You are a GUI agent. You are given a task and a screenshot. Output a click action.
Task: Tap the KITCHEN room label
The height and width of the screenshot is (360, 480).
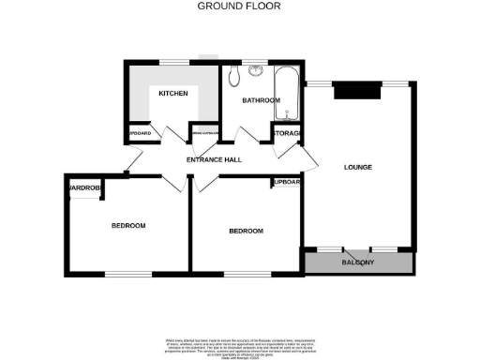click(x=173, y=94)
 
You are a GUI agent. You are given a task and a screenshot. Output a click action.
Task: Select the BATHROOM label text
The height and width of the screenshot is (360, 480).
click(x=261, y=99)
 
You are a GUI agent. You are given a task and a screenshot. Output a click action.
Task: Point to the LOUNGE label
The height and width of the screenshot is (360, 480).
click(x=357, y=168)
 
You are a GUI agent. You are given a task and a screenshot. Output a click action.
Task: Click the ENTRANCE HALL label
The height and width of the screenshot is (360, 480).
click(x=214, y=159)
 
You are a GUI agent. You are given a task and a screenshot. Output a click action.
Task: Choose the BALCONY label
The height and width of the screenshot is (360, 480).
click(x=357, y=262)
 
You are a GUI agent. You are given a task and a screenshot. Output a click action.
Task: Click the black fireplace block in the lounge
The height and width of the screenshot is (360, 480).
click(x=357, y=91)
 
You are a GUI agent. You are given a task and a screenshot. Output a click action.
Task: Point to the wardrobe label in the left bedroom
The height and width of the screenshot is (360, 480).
click(x=83, y=188)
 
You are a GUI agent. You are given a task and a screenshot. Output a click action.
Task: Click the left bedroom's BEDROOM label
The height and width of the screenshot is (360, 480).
click(x=128, y=225)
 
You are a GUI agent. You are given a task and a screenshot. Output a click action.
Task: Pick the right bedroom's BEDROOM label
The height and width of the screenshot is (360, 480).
click(x=246, y=231)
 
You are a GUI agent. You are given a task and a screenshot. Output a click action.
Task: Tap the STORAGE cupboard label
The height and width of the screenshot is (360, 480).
click(x=286, y=134)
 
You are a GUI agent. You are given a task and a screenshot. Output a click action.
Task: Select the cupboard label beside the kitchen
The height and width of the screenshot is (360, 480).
click(x=139, y=132)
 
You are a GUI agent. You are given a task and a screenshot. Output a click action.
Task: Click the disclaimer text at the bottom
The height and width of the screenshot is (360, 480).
click(x=239, y=344)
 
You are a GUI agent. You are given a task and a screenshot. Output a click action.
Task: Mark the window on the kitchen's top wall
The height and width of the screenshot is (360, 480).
click(x=173, y=62)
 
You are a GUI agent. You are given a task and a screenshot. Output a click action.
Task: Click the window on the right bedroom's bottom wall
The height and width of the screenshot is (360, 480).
click(x=236, y=274)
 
